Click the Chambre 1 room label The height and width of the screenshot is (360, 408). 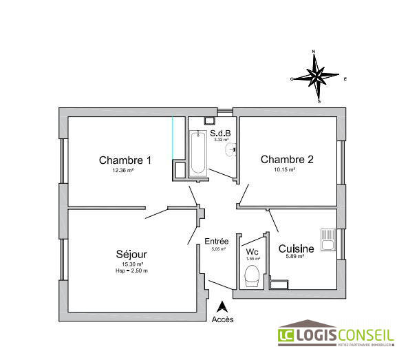point(125,160)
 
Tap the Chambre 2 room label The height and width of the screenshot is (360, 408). point(287,160)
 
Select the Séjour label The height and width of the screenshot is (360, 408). point(131,254)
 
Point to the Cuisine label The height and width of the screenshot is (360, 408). point(296,248)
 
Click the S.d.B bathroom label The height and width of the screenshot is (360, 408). point(220,133)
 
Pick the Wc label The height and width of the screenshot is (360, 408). point(252,251)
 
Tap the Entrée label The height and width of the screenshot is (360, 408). point(217,241)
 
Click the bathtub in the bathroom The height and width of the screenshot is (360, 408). point(198,153)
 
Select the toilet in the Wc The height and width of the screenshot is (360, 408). point(253,276)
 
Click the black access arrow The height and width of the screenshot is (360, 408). point(222,307)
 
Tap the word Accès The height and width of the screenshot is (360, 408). point(222,319)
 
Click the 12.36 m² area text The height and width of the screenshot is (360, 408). point(123,170)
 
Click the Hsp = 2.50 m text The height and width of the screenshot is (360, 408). point(131,271)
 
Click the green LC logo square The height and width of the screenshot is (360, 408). point(286,335)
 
